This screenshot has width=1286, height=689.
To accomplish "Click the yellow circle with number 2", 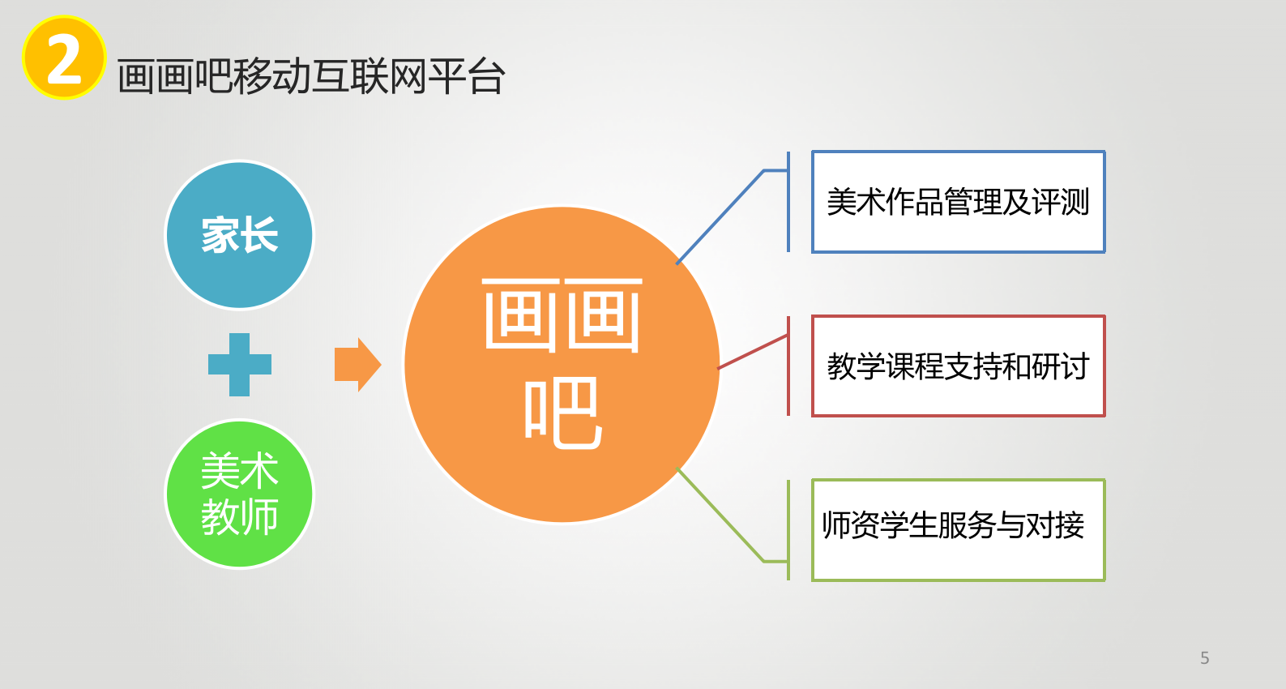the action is (64, 58).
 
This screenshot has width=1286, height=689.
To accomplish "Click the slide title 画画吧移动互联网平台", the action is (311, 76).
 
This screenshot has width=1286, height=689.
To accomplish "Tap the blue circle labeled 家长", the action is (239, 235).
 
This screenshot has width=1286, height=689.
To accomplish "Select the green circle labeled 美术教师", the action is (239, 494).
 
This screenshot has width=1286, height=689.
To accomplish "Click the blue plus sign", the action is (239, 365).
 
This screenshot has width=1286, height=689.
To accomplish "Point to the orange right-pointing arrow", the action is (358, 365).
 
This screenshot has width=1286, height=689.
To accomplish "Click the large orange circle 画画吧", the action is (562, 365).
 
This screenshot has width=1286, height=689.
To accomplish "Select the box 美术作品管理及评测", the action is (958, 202).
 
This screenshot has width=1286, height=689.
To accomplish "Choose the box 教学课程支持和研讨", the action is (958, 366).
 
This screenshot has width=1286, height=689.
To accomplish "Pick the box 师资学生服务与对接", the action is (958, 530).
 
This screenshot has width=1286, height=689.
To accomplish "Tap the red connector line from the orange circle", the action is (753, 352).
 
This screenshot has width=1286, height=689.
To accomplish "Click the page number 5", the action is (1204, 658).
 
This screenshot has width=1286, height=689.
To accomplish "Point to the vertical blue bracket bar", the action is (788, 202).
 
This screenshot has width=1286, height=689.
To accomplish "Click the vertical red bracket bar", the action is (788, 366).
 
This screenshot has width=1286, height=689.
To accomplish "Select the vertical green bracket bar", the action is (788, 530).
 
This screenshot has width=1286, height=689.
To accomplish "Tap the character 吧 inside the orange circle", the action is (563, 413).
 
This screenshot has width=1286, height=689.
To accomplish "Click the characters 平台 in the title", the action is (467, 76).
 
